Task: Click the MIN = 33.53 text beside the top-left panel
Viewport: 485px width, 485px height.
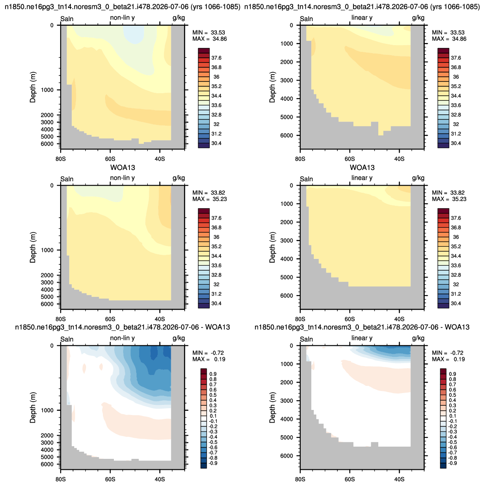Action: click(x=208, y=32)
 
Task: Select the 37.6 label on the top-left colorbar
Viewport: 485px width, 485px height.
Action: click(x=216, y=58)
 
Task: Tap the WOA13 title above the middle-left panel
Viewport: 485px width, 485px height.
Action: click(x=123, y=168)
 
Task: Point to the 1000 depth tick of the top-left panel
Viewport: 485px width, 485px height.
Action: click(x=47, y=90)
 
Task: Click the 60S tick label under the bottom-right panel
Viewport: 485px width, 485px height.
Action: click(x=350, y=479)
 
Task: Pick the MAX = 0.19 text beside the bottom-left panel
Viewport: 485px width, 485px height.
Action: click(x=208, y=359)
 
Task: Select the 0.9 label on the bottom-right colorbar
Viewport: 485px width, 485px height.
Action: click(x=453, y=374)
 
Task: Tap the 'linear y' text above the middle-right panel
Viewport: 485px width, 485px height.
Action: click(x=362, y=178)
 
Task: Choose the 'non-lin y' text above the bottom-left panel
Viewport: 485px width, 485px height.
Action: click(x=122, y=338)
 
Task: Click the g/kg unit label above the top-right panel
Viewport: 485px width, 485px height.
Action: click(x=418, y=18)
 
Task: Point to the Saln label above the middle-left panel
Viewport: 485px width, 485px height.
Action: click(x=67, y=179)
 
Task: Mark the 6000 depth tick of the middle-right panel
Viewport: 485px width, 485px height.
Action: click(x=286, y=296)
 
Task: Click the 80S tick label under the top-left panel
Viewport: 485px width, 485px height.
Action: click(x=61, y=159)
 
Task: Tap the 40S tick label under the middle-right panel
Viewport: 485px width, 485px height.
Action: click(x=399, y=319)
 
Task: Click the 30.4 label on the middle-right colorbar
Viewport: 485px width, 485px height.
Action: click(x=456, y=303)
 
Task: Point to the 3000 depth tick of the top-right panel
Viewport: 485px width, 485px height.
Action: click(x=286, y=81)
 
